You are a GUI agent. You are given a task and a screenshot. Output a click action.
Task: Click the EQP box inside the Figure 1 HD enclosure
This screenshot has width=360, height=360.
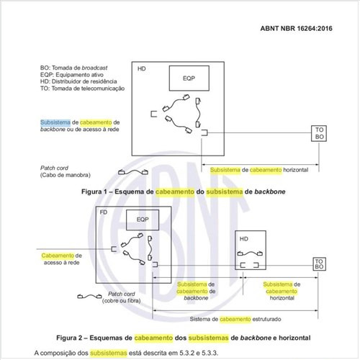pyautogui.click(x=189, y=78)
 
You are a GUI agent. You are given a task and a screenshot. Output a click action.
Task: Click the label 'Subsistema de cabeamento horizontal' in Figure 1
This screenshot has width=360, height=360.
pyautogui.click(x=254, y=169)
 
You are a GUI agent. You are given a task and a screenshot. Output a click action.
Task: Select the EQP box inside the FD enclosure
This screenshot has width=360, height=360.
pyautogui.click(x=143, y=219)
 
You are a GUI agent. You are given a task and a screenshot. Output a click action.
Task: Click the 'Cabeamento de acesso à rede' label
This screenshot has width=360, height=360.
pyautogui.click(x=62, y=259)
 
